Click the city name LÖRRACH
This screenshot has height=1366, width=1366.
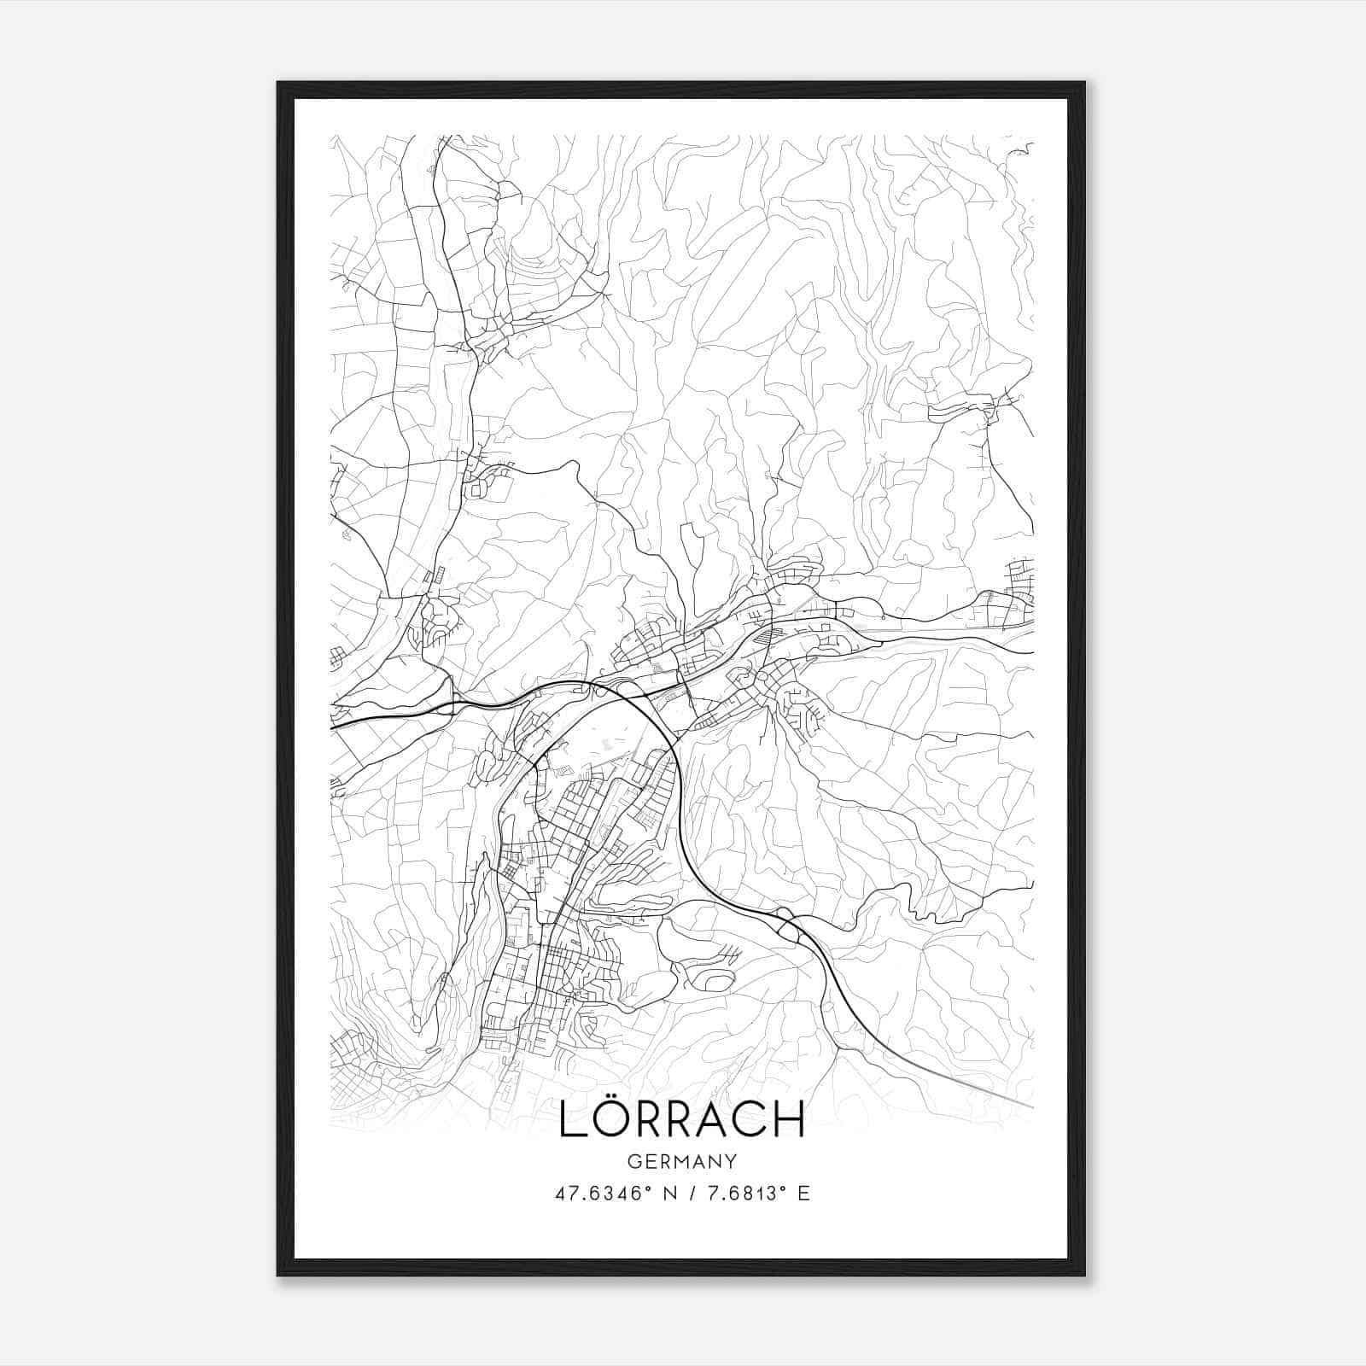[682, 1120]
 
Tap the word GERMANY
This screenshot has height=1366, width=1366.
[682, 1161]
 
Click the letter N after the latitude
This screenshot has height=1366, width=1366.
[671, 1194]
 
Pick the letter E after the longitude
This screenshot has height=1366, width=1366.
[803, 1194]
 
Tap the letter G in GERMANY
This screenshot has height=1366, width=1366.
[633, 1161]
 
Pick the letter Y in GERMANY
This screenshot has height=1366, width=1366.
[732, 1161]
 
